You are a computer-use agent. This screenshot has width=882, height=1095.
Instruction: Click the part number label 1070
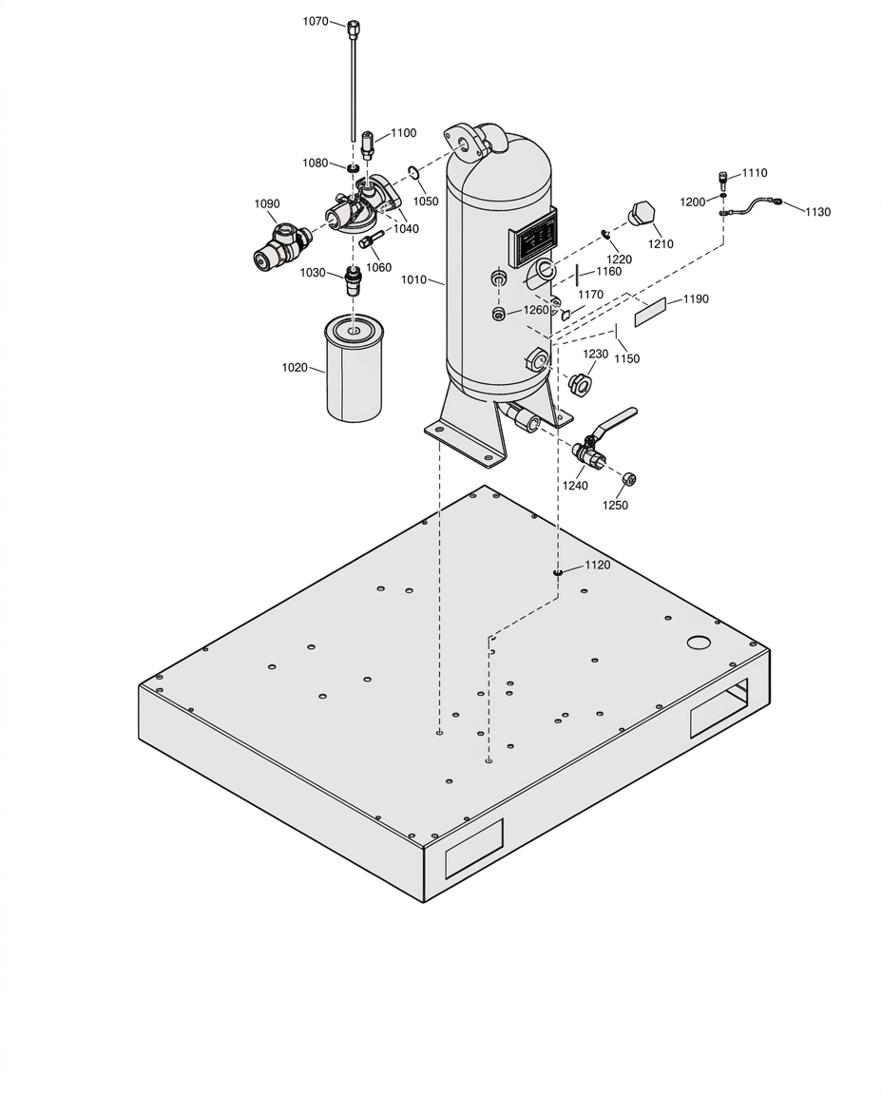(x=315, y=21)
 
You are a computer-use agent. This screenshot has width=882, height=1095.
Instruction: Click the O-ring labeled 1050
(x=412, y=172)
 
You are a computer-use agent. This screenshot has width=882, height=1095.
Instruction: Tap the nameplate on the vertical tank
(x=535, y=239)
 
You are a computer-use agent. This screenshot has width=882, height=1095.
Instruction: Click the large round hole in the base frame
(x=698, y=641)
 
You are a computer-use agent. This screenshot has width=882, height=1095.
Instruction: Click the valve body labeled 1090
(x=281, y=245)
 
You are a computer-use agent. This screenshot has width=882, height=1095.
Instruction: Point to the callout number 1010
(x=414, y=280)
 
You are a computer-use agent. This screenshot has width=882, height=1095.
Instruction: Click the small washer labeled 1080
(x=354, y=167)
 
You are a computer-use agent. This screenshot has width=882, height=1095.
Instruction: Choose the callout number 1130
(x=817, y=212)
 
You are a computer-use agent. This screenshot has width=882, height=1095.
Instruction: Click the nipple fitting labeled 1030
(x=355, y=280)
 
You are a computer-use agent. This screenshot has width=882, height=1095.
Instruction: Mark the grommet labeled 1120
(x=558, y=572)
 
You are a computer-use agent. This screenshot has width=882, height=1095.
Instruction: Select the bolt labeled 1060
(x=367, y=240)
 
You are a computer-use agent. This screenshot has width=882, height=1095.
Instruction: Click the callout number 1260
(x=536, y=310)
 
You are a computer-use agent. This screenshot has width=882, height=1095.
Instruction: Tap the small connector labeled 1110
(x=722, y=181)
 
